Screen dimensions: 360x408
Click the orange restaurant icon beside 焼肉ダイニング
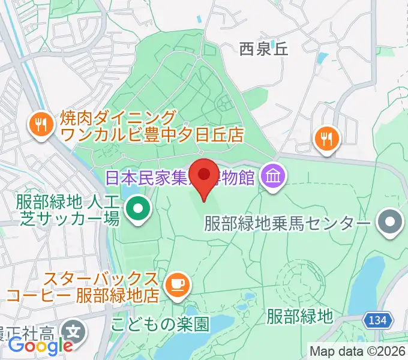coord(41,124)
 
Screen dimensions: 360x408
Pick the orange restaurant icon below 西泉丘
coord(328,139)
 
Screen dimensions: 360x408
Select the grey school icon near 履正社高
coord(73,329)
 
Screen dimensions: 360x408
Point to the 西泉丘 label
coord(264,49)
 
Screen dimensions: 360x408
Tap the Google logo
coord(41,345)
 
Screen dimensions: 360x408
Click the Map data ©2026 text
coord(358,351)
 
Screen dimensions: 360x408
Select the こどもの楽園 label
coord(160,325)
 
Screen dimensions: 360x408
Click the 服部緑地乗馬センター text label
coord(287,224)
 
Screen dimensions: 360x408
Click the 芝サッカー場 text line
coord(61,219)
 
